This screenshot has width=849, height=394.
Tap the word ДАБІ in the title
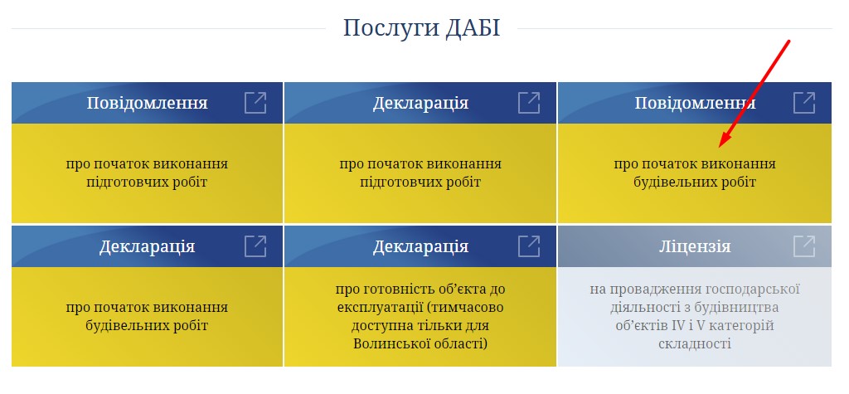click(473, 27)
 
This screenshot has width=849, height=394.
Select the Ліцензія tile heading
click(695, 246)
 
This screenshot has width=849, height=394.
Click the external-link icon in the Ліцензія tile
click(804, 246)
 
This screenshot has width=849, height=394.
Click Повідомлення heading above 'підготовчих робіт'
click(148, 103)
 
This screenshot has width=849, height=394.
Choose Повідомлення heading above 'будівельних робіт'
click(695, 103)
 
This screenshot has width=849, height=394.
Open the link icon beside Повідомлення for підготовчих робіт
click(255, 102)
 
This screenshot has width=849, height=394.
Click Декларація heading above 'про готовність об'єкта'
click(420, 246)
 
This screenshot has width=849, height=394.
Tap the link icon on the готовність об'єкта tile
click(530, 246)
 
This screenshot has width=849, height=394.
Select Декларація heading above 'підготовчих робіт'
click(420, 103)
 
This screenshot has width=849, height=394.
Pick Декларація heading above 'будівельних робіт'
click(147, 246)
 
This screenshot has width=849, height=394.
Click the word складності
click(695, 343)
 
